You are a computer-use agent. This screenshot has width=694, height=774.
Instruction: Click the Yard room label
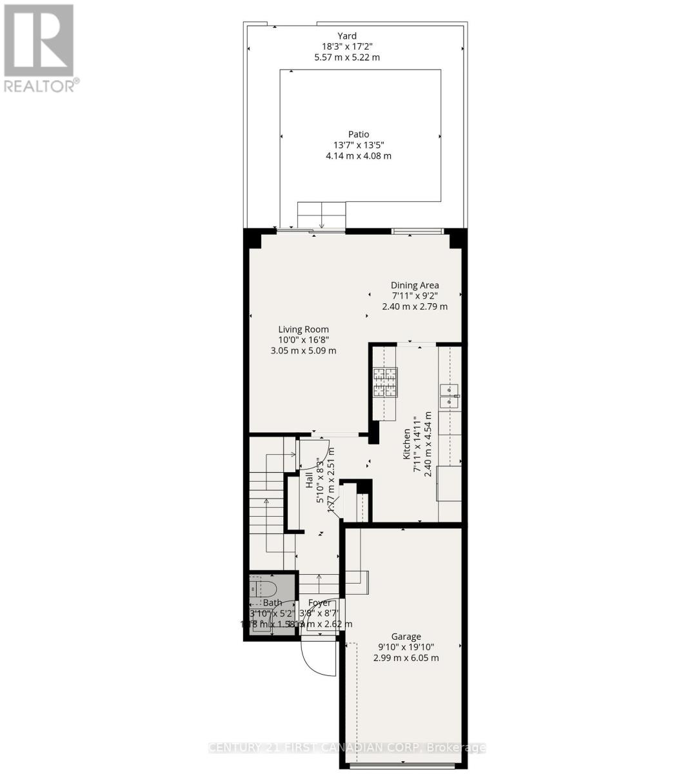[347, 36]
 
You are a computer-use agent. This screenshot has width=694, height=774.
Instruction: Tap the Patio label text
[359, 134]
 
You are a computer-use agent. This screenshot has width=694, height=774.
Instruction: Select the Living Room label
[303, 330]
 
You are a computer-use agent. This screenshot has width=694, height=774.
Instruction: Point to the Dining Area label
[415, 285]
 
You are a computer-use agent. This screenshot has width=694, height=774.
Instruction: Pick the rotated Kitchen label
[407, 444]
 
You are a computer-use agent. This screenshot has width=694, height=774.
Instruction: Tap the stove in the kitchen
[385, 382]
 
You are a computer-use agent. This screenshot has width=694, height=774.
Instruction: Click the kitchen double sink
[449, 395]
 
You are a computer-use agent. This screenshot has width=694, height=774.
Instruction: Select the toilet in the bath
[263, 589]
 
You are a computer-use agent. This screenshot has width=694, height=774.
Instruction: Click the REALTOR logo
[39, 48]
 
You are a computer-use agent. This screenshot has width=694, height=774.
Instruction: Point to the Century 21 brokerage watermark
[346, 748]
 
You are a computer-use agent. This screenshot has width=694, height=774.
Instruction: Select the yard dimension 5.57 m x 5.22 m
[347, 57]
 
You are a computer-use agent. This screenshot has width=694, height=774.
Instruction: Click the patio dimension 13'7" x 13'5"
[359, 145]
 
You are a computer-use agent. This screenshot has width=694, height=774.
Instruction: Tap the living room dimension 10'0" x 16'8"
[303, 341]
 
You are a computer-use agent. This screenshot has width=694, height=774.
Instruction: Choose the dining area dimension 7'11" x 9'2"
[415, 296]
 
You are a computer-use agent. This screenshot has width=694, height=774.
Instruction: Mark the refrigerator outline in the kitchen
[449, 483]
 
